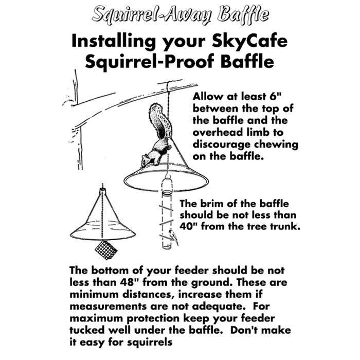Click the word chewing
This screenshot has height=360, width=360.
[x=275, y=144]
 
